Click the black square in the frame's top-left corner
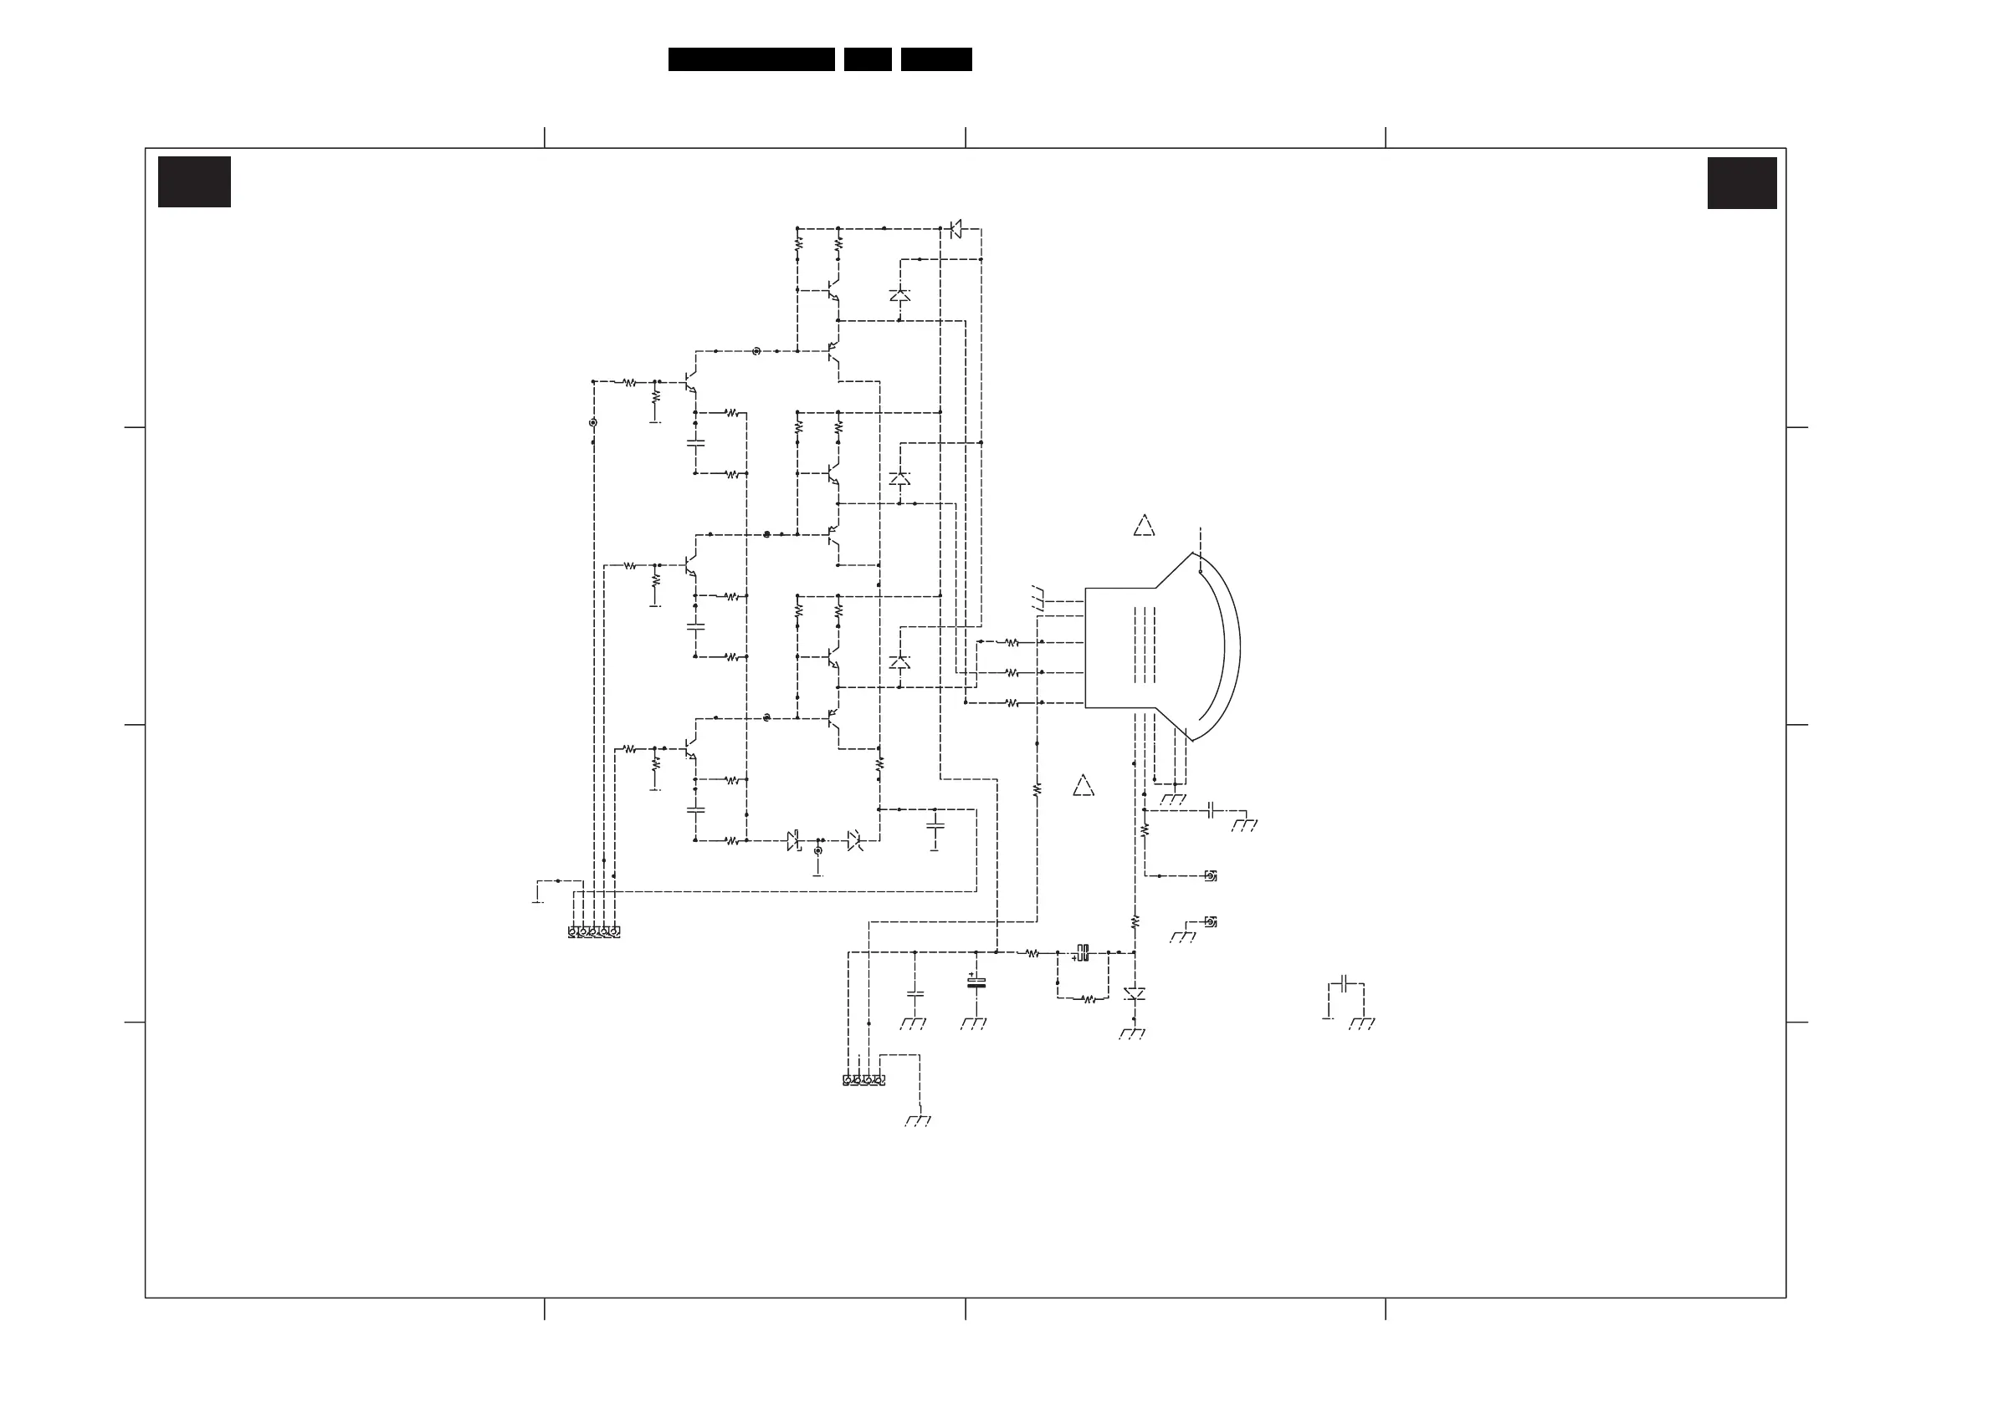point(194,182)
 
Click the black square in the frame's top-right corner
point(1741,183)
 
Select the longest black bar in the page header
point(751,59)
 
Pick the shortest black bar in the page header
point(867,59)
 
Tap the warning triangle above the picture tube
point(1144,527)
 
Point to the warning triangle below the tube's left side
point(1084,786)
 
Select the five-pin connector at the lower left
point(594,931)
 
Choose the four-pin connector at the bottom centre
point(863,1080)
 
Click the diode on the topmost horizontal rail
point(955,229)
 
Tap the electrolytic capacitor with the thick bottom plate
point(976,983)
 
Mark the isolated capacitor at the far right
point(1345,984)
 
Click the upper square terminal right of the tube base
point(1211,876)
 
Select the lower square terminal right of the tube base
point(1211,921)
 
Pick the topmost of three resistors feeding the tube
point(1012,643)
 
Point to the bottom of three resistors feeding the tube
point(1012,702)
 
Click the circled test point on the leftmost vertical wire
point(593,422)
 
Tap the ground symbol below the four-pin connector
point(918,1121)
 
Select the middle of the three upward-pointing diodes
point(899,478)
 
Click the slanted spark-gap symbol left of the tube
point(1039,599)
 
